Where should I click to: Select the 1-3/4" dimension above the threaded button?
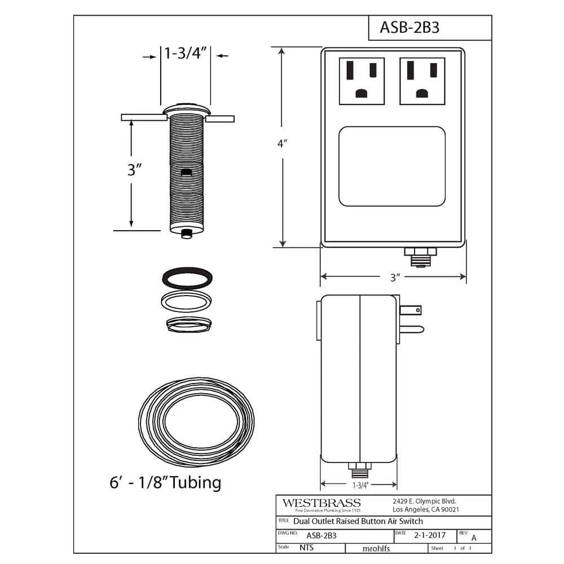(186, 54)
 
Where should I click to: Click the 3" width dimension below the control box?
(394, 277)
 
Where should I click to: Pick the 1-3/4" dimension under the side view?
(359, 484)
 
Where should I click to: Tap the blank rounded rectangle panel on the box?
(392, 166)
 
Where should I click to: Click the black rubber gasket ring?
(186, 278)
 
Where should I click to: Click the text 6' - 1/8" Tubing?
(165, 483)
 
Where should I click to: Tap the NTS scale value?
(307, 548)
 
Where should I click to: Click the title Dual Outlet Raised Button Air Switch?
(358, 521)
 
